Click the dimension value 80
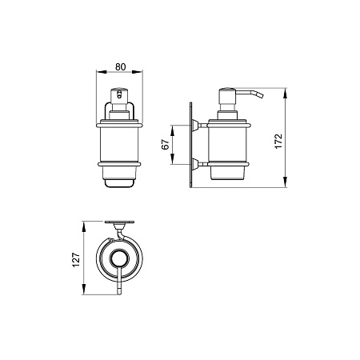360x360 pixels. tap(120, 66)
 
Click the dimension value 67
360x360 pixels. tap(166, 145)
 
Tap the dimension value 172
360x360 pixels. tap(278, 142)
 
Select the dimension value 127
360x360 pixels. tap(76, 260)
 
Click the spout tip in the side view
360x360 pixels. tap(259, 95)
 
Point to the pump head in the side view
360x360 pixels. tap(227, 99)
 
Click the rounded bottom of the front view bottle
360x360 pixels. tap(119, 184)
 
